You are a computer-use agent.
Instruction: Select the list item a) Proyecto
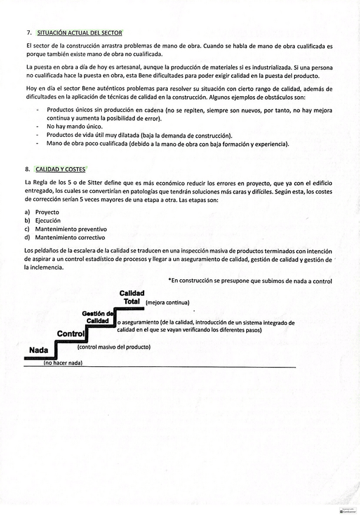pos(43,212)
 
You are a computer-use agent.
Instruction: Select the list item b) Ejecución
pos(43,220)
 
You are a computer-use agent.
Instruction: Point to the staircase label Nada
pos(38,350)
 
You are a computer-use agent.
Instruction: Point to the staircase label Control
pos(71,333)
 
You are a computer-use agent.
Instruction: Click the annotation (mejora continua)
pos(168,302)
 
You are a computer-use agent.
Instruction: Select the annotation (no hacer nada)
pos(63,363)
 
